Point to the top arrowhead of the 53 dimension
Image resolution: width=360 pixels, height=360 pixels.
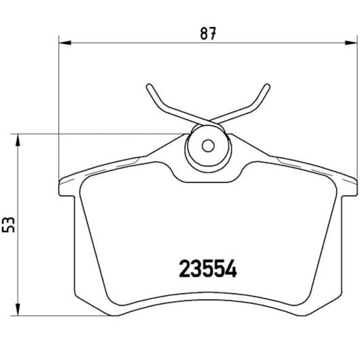[18, 138]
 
